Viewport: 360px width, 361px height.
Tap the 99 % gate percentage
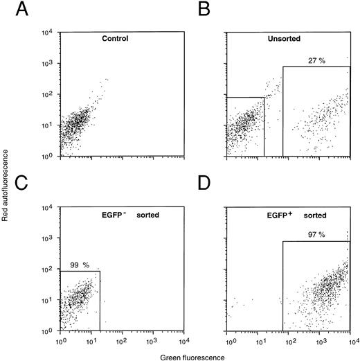[x=78, y=265]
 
